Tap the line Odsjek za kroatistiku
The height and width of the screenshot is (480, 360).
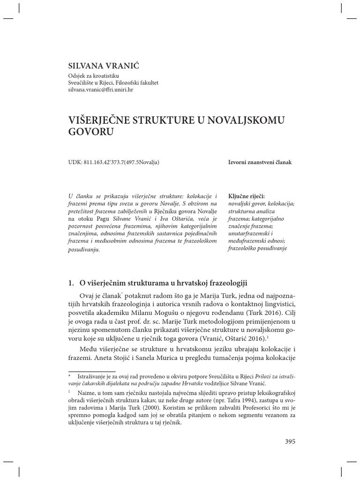coord(94,75)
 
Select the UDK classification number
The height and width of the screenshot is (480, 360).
coord(114,162)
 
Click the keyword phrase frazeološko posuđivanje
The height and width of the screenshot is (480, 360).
coord(257,248)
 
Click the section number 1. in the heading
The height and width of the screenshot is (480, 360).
coord(71,283)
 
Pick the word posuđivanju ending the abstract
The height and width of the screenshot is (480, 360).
coord(84,249)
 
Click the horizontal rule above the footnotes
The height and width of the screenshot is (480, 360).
coord(92,371)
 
